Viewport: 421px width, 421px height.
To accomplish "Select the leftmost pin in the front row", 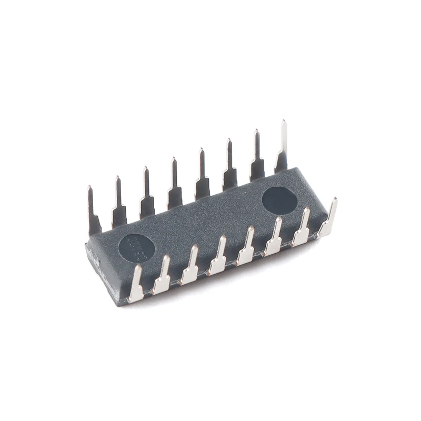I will pyautogui.click(x=137, y=284).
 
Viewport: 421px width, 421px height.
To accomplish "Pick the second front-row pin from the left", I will pyautogui.click(x=163, y=275).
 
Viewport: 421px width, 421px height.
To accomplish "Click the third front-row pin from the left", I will pyautogui.click(x=191, y=266).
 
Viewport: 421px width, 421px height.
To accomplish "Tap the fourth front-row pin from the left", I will pyautogui.click(x=218, y=257).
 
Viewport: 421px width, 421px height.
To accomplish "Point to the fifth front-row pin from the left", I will pyautogui.click(x=246, y=248).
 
